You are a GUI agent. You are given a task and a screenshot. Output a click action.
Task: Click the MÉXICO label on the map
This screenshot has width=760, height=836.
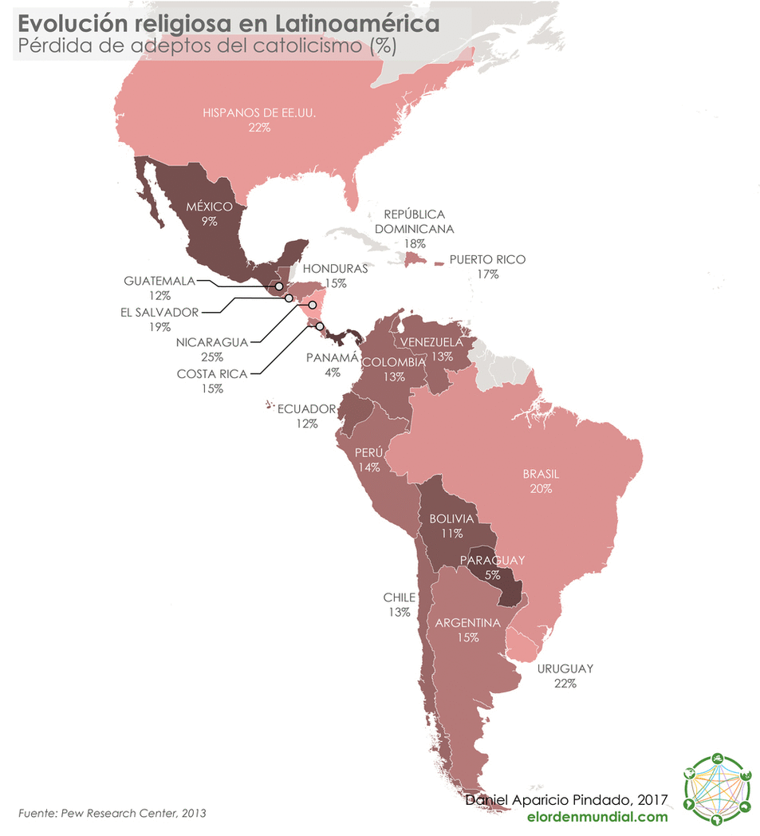209,207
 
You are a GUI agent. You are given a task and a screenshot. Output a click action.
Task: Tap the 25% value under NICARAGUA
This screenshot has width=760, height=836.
212,357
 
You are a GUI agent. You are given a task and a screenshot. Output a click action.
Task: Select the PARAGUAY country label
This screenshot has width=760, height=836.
492,560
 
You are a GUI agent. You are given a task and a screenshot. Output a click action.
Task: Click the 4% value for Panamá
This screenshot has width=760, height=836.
332,373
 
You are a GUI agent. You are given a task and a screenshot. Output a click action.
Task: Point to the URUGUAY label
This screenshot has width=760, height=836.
565,668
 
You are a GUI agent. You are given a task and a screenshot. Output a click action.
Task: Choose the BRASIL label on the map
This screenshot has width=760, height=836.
541,474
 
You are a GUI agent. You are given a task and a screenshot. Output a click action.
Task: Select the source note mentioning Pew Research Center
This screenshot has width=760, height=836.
112,813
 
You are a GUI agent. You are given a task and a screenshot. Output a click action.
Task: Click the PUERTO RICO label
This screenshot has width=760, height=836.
487,260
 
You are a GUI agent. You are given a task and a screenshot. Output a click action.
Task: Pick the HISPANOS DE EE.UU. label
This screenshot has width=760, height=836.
259,113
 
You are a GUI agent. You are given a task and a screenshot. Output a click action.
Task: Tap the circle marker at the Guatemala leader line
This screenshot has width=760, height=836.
278,286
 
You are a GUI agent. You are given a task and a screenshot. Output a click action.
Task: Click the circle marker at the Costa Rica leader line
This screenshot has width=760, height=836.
320,325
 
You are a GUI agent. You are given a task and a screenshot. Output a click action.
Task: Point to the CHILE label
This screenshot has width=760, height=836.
400,597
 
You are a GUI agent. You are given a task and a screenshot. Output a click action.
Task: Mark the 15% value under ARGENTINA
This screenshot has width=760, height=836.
468,637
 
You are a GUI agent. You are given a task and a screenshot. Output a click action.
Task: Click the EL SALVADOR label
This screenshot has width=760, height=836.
159,312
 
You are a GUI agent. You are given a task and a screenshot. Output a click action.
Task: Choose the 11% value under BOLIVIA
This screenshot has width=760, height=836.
451,533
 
